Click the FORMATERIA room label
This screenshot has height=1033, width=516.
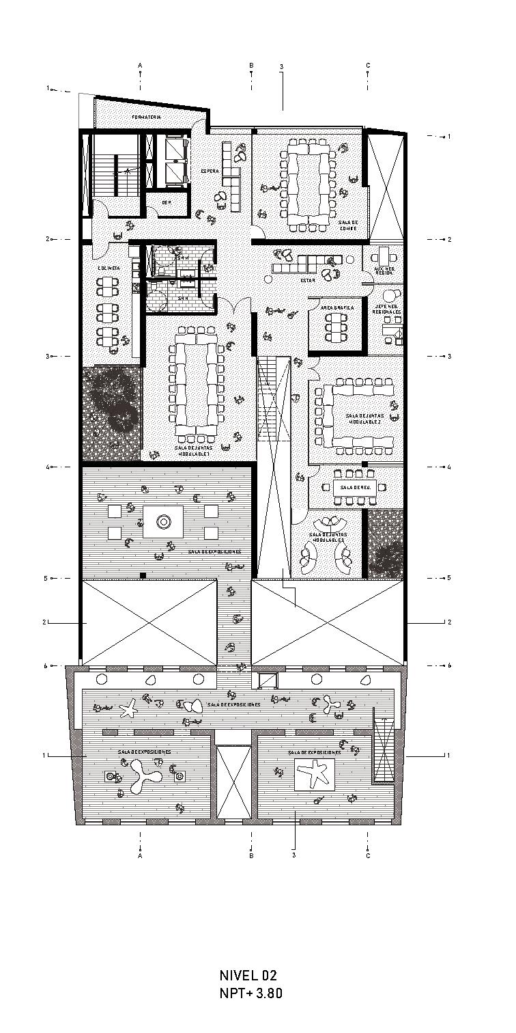(146, 118)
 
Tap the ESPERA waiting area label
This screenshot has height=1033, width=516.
(210, 171)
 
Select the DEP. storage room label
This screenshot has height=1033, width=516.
(166, 203)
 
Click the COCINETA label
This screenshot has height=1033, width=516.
(109, 268)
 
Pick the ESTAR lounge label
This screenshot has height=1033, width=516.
(308, 281)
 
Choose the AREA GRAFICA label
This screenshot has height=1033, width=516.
(337, 309)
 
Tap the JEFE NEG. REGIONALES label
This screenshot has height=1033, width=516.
(387, 309)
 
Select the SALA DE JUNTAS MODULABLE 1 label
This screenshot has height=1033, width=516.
(195, 451)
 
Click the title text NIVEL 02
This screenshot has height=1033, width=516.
(248, 975)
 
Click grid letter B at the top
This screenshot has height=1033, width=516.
(251, 66)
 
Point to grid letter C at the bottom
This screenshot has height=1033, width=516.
(368, 855)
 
